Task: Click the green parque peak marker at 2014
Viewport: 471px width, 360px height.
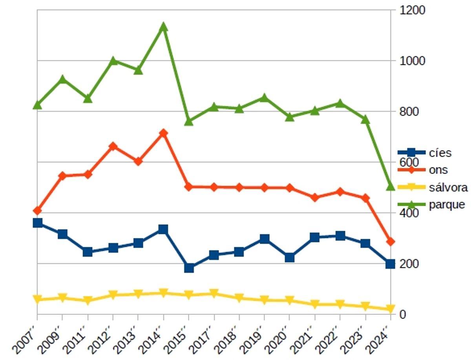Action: click(164, 27)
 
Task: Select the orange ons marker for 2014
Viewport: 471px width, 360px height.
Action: click(164, 133)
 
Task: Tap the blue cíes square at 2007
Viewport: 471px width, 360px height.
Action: click(38, 223)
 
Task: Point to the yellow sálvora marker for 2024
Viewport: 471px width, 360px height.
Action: click(390, 309)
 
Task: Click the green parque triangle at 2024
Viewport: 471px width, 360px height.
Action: click(390, 186)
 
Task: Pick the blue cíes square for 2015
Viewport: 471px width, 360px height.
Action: click(189, 268)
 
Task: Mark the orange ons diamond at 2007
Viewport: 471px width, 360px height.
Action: click(38, 211)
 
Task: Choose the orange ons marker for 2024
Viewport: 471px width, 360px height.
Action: click(390, 241)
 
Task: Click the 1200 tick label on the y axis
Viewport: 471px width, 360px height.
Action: click(412, 10)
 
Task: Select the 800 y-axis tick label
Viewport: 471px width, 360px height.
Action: click(409, 111)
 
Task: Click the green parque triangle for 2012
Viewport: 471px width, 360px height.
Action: click(113, 60)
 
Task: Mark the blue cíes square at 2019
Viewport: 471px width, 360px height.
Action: click(265, 239)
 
